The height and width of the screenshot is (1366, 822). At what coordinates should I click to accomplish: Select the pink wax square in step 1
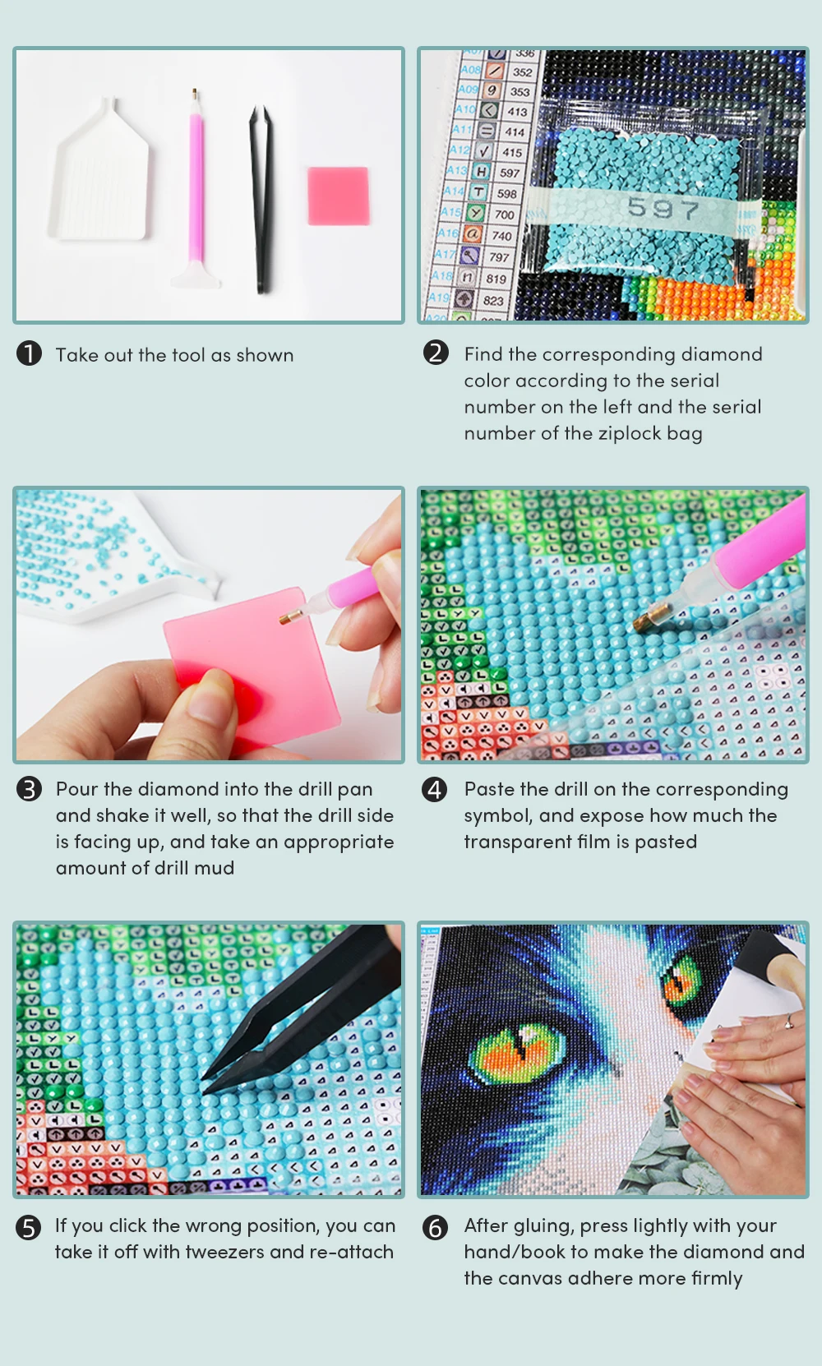(x=339, y=196)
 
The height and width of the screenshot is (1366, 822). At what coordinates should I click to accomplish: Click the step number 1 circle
(x=30, y=353)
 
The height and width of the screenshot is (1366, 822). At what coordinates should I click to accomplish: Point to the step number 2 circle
(x=436, y=353)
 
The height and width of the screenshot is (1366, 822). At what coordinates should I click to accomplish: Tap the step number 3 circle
(x=30, y=788)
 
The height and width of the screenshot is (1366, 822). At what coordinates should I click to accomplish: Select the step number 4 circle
(x=435, y=789)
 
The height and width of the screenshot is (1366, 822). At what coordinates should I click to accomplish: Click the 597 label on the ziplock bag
(x=663, y=209)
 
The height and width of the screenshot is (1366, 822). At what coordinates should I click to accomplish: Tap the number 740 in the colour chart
(x=501, y=236)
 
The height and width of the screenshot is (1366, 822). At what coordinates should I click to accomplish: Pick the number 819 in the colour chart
(x=496, y=279)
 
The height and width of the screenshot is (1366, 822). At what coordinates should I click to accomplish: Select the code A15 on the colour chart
(x=450, y=211)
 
